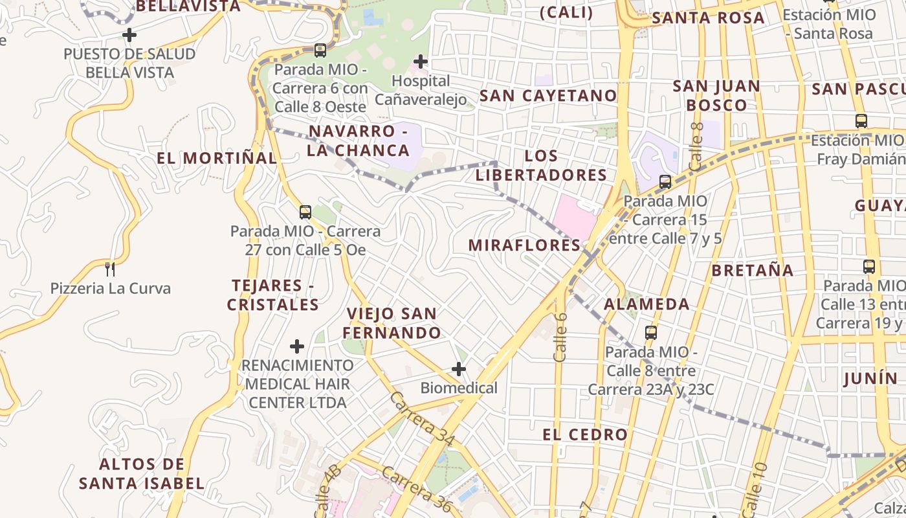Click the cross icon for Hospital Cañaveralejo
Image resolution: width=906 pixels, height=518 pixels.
[421, 62]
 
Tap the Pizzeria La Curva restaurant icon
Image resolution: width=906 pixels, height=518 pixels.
[110, 268]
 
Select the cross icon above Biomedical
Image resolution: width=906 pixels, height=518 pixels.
[459, 369]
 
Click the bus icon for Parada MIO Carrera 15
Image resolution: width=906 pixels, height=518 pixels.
[665, 182]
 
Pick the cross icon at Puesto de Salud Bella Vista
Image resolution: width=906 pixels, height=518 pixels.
[129, 34]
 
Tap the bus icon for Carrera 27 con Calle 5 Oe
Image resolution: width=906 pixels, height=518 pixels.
[305, 212]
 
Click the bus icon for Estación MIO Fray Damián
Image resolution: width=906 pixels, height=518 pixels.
[861, 120]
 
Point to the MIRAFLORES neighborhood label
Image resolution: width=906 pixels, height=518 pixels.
[525, 245]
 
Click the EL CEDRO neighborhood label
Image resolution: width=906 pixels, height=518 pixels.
[585, 434]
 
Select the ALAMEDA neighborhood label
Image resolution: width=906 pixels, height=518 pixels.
[646, 304]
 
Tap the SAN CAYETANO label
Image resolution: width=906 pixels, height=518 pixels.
[548, 96]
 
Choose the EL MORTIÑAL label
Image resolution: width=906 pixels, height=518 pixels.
[216, 158]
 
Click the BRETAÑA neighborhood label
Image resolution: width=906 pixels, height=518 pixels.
[752, 270]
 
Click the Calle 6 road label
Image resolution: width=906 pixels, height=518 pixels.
[560, 337]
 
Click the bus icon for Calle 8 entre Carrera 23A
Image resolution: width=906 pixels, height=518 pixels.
[651, 333]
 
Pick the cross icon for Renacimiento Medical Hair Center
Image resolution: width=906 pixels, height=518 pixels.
[297, 346]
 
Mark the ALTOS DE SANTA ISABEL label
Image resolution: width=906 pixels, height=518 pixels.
[142, 473]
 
